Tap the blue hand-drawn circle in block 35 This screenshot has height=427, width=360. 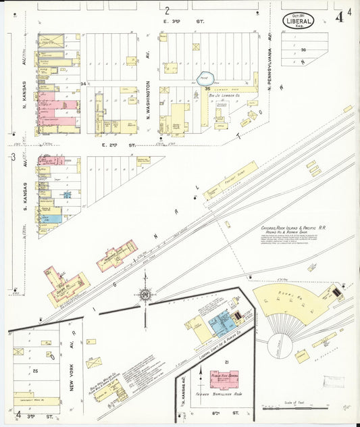(205, 80)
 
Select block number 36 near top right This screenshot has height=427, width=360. (304, 49)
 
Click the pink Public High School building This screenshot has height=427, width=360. (224, 379)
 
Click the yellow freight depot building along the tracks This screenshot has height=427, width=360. (230, 180)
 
